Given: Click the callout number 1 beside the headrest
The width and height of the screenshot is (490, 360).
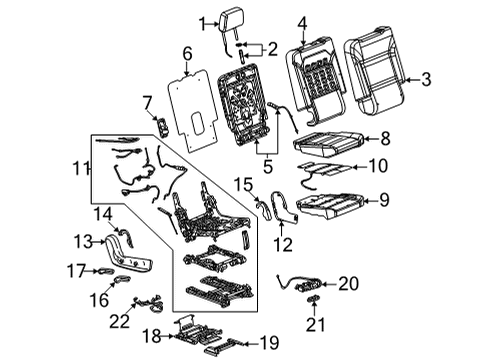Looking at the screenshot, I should coord(203,22).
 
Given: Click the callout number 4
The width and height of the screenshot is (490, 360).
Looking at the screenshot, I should coord(302,19).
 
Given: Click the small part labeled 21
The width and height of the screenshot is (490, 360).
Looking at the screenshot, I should coord(311,300).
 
